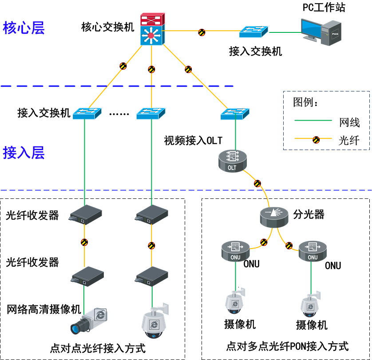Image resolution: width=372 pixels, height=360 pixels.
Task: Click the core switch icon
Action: click(151, 30)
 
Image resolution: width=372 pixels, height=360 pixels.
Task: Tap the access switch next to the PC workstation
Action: click(253, 32)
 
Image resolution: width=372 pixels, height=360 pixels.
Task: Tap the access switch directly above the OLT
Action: click(235, 113)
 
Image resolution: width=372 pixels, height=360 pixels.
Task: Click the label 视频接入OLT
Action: click(194, 141)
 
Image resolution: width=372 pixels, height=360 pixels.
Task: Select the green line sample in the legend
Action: click(313, 120)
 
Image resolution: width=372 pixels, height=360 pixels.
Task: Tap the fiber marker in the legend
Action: click(316, 140)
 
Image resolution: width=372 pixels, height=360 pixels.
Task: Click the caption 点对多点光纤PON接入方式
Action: click(287, 346)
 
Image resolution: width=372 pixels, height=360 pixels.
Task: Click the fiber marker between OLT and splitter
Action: click(257, 183)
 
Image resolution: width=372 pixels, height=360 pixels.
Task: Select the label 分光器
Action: click(309, 214)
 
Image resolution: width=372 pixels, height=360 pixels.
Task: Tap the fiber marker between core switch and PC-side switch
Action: click(202, 32)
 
